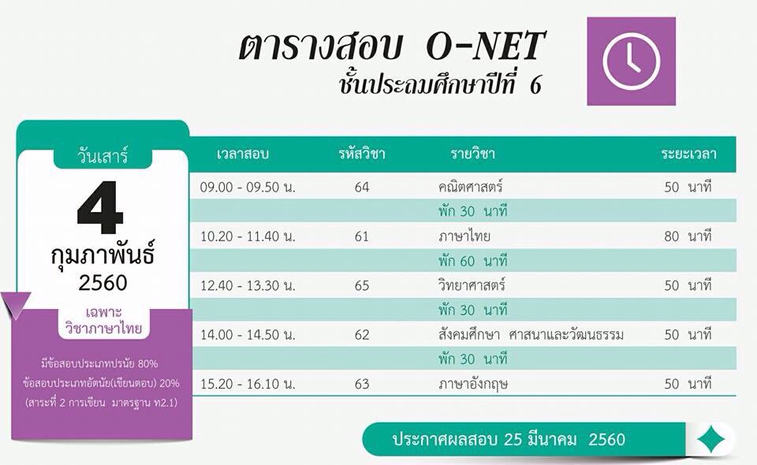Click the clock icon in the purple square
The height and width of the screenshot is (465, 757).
pyautogui.click(x=632, y=61)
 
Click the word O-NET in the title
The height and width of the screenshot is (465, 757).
pyautogui.click(x=485, y=46)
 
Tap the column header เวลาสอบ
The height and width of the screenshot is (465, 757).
pyautogui.click(x=243, y=154)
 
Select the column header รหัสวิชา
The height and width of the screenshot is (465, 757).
pyautogui.click(x=362, y=154)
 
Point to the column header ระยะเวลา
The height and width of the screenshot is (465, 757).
pyautogui.click(x=688, y=154)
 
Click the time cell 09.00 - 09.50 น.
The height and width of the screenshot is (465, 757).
pyautogui.click(x=248, y=187)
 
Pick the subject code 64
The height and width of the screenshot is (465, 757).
pyautogui.click(x=362, y=187)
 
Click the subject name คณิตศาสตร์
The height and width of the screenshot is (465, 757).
pyautogui.click(x=471, y=187)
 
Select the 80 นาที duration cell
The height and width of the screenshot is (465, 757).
pyautogui.click(x=688, y=236)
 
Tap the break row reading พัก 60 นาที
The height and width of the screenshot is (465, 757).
pyautogui.click(x=472, y=261)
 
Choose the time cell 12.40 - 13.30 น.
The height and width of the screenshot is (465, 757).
pyautogui.click(x=248, y=285)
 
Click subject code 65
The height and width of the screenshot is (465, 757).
pyautogui.click(x=362, y=285)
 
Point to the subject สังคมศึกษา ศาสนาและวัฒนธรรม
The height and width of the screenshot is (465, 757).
pyautogui.click(x=531, y=335)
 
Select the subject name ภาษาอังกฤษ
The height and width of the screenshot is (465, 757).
pyautogui.click(x=473, y=385)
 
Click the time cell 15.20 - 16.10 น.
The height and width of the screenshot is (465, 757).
pyautogui.click(x=248, y=384)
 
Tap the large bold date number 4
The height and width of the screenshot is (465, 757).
pyautogui.click(x=100, y=207)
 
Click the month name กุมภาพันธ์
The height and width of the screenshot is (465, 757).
pyautogui.click(x=103, y=255)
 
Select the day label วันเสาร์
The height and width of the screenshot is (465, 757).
pyautogui.click(x=103, y=156)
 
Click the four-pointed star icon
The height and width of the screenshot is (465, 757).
pyautogui.click(x=711, y=440)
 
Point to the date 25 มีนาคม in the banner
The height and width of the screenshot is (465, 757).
pyautogui.click(x=539, y=440)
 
